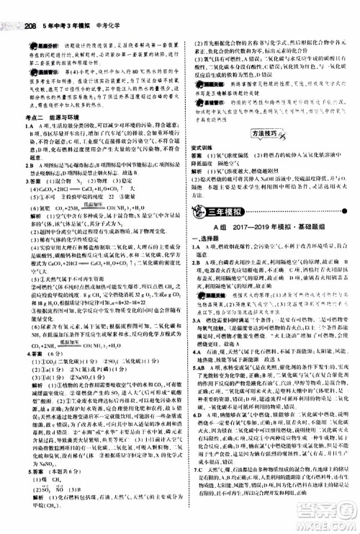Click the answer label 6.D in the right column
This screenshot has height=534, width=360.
click(x=197, y=435)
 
